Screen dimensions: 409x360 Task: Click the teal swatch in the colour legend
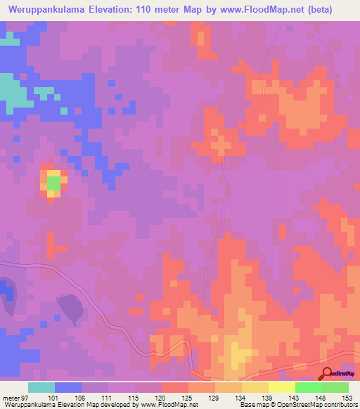pyautogui.click(x=41, y=387)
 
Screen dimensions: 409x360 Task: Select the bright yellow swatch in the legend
pyautogui.click(x=282, y=387)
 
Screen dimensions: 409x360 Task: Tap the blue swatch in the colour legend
pyautogui.click(x=68, y=387)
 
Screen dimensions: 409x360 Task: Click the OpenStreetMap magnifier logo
pyautogui.click(x=328, y=372)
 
